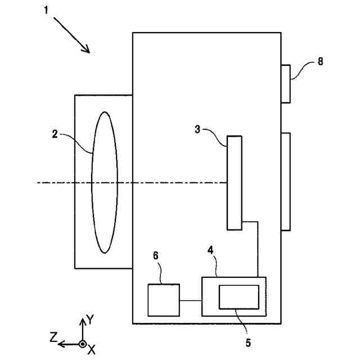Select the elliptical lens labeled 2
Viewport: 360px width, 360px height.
click(x=105, y=182)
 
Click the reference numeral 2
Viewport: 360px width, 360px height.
click(x=55, y=133)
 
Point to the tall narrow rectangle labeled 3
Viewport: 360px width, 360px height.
click(x=235, y=183)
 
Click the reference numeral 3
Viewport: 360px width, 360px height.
click(x=198, y=129)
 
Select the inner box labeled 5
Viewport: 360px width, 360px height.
click(x=239, y=297)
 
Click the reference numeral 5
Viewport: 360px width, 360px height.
click(x=248, y=341)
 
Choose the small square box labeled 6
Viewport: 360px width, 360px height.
click(x=164, y=300)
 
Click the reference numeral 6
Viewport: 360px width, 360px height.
click(x=156, y=256)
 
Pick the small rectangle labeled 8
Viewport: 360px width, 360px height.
click(x=286, y=84)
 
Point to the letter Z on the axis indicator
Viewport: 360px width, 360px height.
click(x=53, y=337)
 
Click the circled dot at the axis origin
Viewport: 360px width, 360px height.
click(x=82, y=344)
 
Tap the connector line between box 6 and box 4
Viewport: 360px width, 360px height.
click(x=191, y=301)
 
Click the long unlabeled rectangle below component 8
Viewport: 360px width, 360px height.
click(x=286, y=181)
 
